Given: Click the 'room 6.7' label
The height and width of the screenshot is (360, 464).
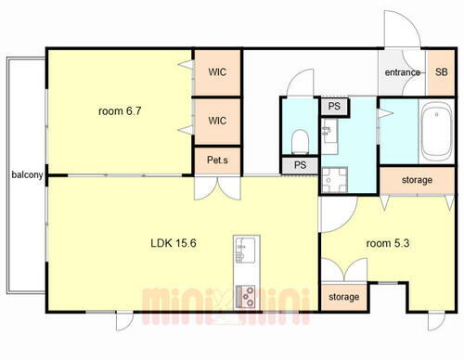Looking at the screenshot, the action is point(120,110).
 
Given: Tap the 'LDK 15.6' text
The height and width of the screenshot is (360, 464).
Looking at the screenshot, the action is point(174,243).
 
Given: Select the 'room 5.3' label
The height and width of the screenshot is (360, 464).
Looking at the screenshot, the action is point(388,243).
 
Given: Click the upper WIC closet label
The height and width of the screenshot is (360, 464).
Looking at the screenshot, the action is point(217,72).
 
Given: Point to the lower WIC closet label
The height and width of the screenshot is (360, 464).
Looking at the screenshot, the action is point(217,121).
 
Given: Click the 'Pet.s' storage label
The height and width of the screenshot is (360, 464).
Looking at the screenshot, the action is point(217,160).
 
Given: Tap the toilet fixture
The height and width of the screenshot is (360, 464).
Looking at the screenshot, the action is point(300,142).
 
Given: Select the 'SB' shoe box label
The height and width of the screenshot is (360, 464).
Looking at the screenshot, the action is point(441,72).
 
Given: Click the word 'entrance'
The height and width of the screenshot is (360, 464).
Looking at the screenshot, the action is point(403,72).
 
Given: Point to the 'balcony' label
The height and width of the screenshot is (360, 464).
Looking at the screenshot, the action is point(27,174).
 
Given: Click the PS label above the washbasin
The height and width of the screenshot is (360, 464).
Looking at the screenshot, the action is point(334,107).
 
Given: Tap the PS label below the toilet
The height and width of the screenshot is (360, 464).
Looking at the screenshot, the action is point(300,165).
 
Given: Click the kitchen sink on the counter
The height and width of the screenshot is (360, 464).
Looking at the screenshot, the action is point(246,250).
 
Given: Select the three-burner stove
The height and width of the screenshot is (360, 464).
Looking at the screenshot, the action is point(246,297).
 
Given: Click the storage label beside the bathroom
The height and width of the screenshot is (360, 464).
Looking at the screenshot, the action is point(417,180).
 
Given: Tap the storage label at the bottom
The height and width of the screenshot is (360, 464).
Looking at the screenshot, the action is point(343,297).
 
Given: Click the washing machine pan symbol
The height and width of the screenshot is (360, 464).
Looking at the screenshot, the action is point(334,180).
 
